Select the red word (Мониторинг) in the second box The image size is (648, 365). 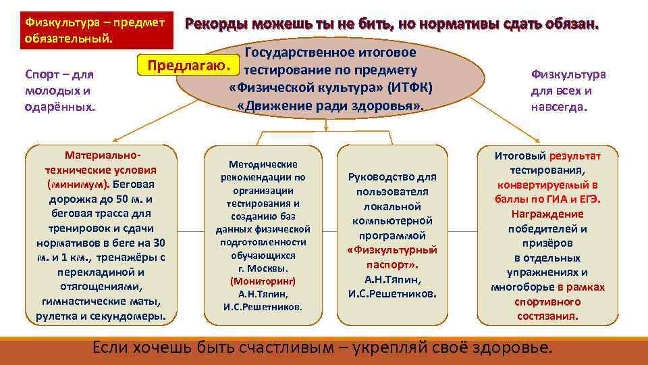263,281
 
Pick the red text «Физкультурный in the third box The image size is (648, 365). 391,250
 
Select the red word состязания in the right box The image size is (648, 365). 548,316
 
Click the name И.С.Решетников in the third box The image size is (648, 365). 391,294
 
